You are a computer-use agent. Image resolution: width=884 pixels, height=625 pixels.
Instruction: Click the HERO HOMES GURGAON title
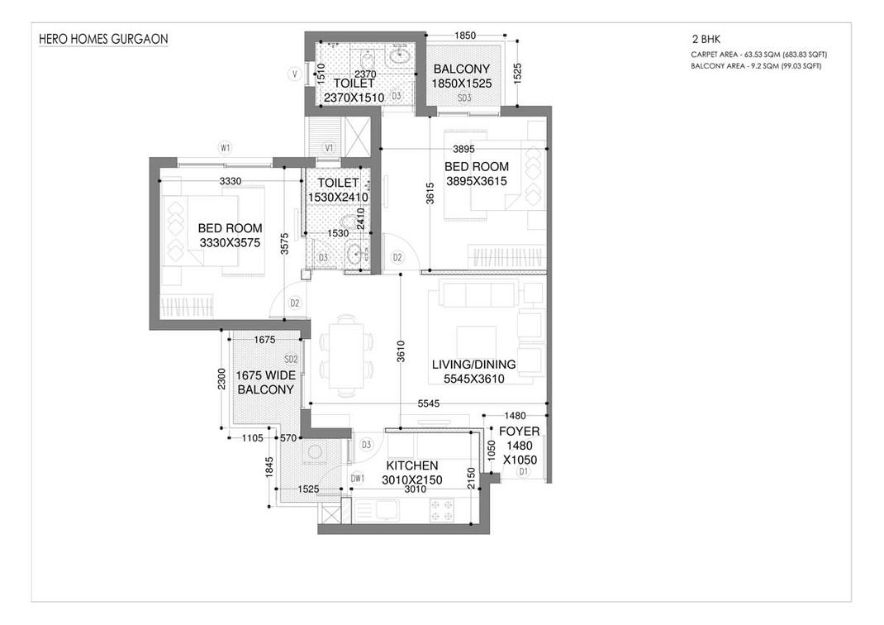click(103, 39)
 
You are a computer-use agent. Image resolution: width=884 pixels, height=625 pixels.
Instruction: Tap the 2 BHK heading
click(706, 40)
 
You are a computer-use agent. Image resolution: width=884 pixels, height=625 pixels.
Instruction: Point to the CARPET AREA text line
click(759, 55)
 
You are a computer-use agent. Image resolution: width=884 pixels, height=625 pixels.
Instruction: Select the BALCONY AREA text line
click(756, 66)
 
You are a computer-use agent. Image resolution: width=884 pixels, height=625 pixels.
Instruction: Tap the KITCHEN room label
click(412, 465)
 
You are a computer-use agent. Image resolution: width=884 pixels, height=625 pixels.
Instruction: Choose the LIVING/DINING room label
click(473, 365)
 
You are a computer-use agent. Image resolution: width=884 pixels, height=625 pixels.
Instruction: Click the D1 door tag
click(524, 471)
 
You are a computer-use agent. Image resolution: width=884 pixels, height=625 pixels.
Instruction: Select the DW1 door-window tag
click(358, 479)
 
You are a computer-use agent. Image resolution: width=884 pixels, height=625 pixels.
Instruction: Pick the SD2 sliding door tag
click(291, 360)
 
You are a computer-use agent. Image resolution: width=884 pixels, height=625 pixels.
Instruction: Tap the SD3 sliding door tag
click(464, 98)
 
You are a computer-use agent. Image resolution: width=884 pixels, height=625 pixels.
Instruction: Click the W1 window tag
click(226, 148)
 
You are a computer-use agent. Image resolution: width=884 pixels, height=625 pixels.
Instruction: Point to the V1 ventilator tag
click(330, 148)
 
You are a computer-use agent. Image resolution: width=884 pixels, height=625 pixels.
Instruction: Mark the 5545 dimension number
click(429, 403)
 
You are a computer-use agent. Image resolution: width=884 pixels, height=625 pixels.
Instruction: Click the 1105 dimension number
click(252, 437)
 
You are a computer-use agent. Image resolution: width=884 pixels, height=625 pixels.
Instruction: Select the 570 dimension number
click(288, 437)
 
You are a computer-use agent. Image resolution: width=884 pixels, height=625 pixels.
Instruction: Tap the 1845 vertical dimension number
click(269, 468)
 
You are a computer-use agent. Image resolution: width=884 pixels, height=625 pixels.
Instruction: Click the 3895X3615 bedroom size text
click(477, 181)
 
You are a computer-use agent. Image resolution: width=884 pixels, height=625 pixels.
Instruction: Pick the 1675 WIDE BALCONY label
click(265, 383)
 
